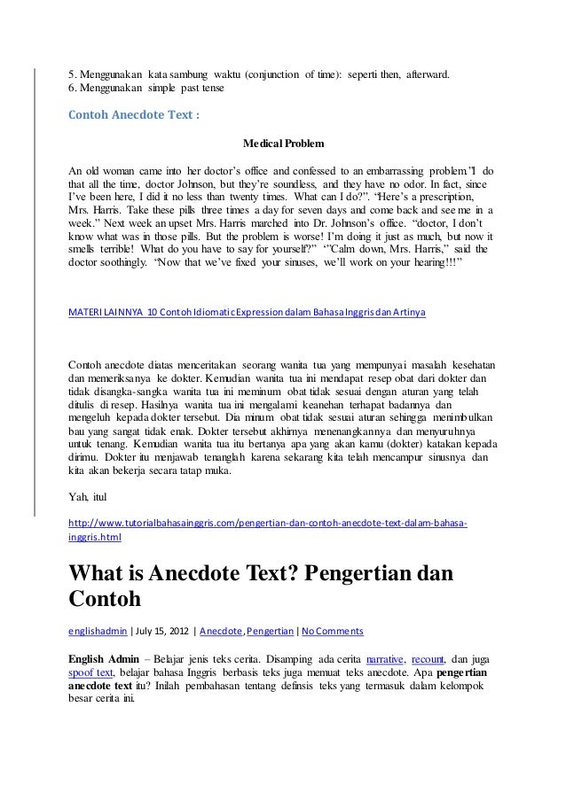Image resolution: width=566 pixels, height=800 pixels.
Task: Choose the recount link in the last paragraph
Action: (431, 658)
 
